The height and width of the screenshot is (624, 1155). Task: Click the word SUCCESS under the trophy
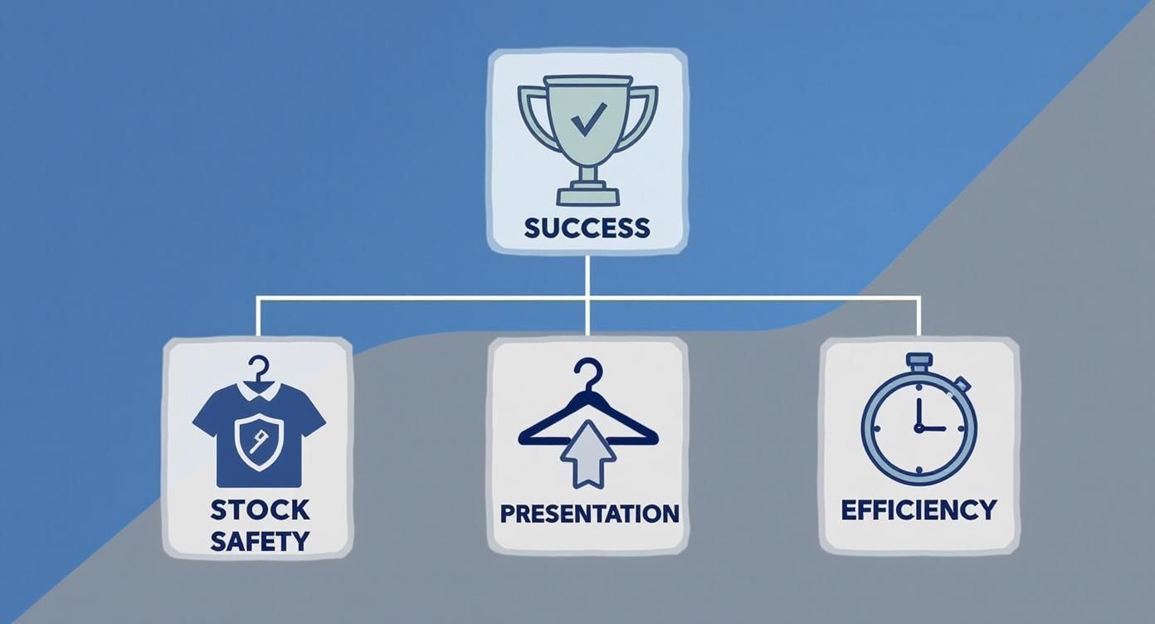pos(587,228)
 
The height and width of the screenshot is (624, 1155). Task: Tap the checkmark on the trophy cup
pos(589,119)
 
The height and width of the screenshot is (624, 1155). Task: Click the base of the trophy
pos(587,193)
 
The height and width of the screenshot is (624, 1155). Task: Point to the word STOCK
pos(260,510)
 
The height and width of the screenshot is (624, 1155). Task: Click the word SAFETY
pos(260,541)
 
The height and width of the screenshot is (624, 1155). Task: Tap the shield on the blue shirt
pos(259,441)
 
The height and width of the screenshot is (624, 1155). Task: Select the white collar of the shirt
pos(259,391)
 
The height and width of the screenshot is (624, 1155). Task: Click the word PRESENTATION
pos(589,514)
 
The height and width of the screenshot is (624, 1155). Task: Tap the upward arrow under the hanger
pos(587,454)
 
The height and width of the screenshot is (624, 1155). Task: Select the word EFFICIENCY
pos(919,510)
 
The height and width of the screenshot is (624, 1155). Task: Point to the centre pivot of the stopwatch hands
pos(919,428)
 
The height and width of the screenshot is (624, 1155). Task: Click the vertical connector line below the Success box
pos(587,295)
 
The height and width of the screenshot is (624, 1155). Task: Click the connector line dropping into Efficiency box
pos(919,318)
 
